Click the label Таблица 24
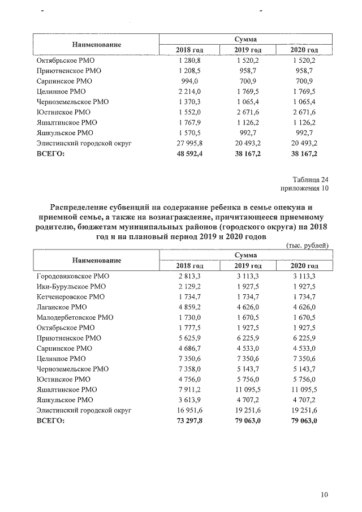point(308,179)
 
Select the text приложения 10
point(304,189)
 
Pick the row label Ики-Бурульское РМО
point(71,286)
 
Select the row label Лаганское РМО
point(61,307)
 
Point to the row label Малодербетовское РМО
point(75,317)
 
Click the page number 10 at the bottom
point(324,495)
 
